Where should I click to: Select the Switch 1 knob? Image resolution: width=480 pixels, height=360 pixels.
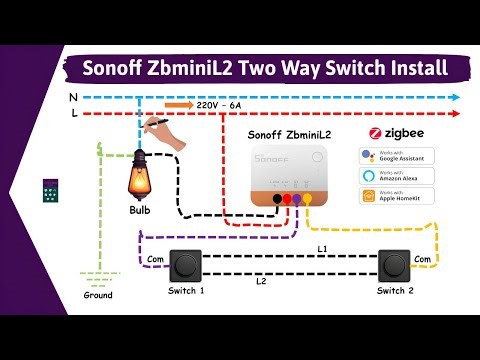[x=186, y=266]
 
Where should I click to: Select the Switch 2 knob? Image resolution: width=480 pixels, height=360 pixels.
[x=393, y=266]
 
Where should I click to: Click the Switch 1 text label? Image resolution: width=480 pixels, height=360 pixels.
[x=186, y=291]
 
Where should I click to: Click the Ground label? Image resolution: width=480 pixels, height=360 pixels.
[x=98, y=296]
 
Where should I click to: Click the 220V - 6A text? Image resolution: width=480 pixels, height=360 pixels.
[x=224, y=104]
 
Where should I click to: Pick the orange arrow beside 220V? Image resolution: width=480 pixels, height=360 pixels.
[x=178, y=104]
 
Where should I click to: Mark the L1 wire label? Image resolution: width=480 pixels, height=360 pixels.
[x=323, y=247]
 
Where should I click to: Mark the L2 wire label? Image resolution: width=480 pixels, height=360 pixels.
[x=260, y=282]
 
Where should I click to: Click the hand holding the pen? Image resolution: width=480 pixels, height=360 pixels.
[x=167, y=134]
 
